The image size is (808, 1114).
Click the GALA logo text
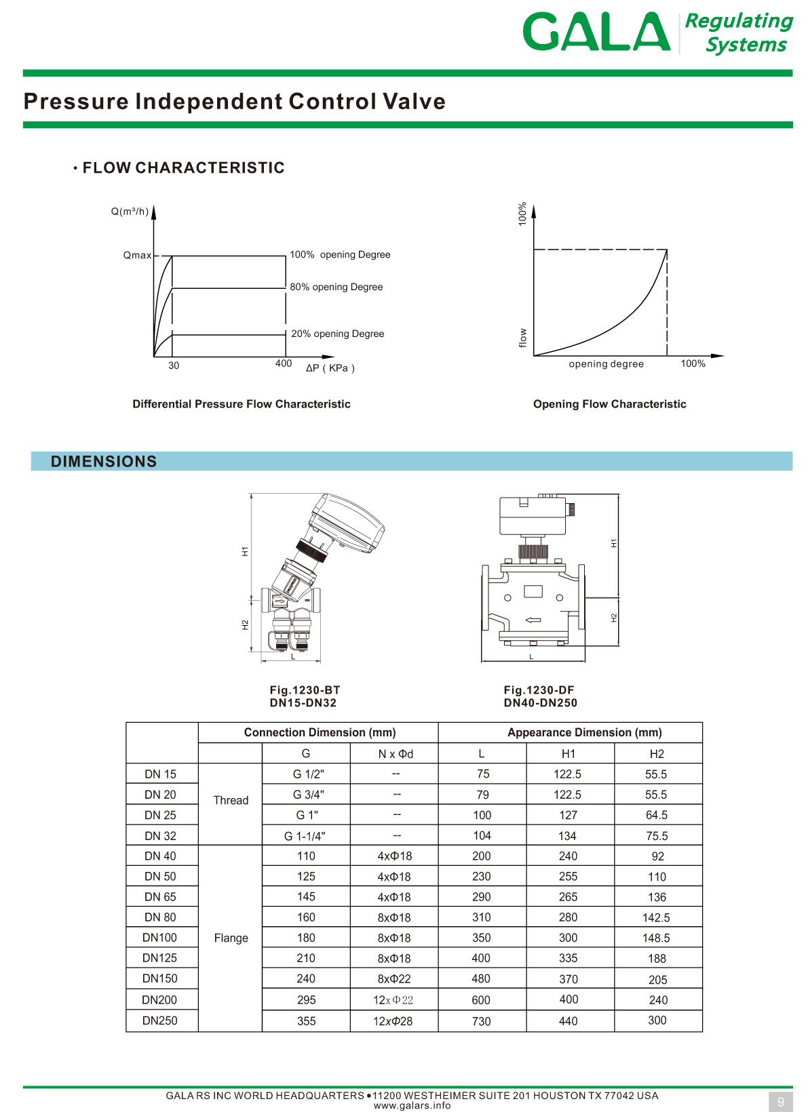click(x=596, y=32)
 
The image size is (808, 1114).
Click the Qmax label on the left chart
click(x=137, y=256)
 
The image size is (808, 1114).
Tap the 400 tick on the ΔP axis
click(x=284, y=364)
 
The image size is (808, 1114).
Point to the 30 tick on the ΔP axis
click(x=174, y=366)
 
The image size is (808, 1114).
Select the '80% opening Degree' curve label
click(x=336, y=287)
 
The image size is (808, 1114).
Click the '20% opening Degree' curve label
click(x=337, y=334)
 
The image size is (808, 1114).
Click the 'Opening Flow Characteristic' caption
click(x=609, y=404)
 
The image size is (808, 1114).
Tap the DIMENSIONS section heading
click(x=104, y=462)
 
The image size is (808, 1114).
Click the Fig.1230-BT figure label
click(x=305, y=690)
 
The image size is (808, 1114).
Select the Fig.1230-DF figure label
click(x=539, y=690)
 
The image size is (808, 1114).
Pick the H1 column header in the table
click(x=569, y=754)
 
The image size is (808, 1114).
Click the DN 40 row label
click(x=160, y=856)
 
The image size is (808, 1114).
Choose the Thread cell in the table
click(x=231, y=801)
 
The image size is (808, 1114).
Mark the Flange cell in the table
click(x=231, y=938)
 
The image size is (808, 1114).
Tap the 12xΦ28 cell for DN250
click(x=393, y=1021)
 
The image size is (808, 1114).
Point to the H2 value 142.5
click(x=656, y=918)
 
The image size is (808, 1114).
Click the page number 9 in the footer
click(x=781, y=1102)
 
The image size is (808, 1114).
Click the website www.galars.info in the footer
click(x=412, y=1106)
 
